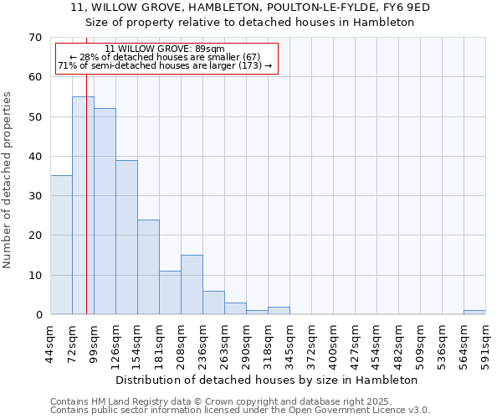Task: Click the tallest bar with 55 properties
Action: pos(83,205)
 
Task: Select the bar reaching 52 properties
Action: pos(105,211)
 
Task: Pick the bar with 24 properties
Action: pos(148,266)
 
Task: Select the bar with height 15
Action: pos(192,285)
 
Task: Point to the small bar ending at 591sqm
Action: pos(474,313)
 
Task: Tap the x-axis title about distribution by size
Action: pos(266,380)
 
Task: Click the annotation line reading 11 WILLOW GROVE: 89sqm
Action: pos(165,49)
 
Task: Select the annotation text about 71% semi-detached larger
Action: pos(165,65)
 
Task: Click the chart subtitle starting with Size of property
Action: pos(250,23)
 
